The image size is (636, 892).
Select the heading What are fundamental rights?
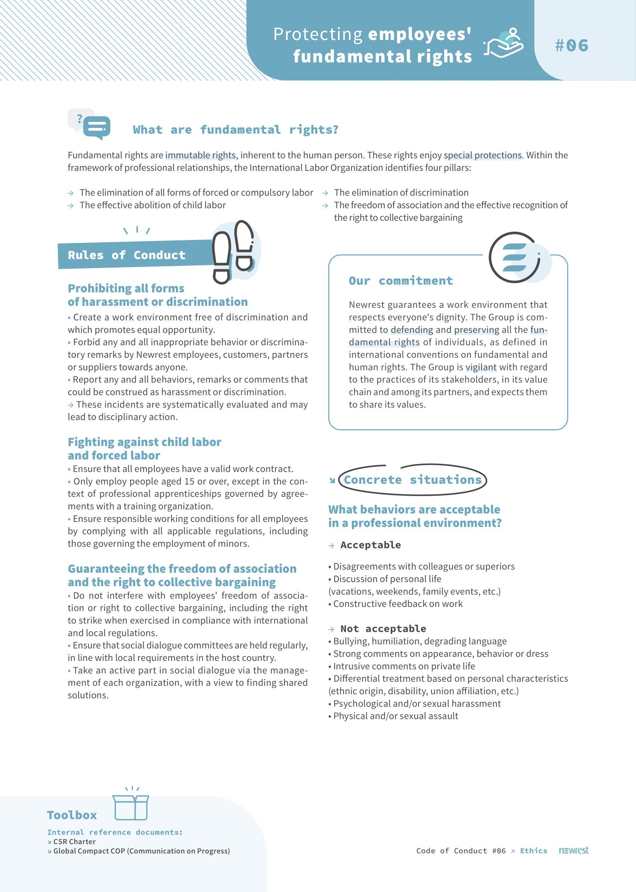(x=235, y=130)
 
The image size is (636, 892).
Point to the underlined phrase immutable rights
(x=200, y=156)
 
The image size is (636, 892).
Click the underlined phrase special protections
(x=482, y=156)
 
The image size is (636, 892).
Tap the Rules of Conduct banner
(x=126, y=255)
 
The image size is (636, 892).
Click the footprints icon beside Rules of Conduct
(x=233, y=251)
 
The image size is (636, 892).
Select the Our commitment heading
(x=401, y=281)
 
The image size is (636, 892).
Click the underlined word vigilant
(x=481, y=367)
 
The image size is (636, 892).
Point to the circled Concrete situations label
(x=412, y=480)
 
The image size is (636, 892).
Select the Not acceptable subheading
(x=383, y=629)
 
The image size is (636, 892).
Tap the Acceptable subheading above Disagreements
(x=371, y=545)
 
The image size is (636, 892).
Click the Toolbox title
(x=72, y=815)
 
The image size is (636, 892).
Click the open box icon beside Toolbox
(x=131, y=806)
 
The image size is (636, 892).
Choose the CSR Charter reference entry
(x=74, y=842)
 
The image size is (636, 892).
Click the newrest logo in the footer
(x=573, y=851)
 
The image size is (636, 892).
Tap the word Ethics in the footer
(x=534, y=851)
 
